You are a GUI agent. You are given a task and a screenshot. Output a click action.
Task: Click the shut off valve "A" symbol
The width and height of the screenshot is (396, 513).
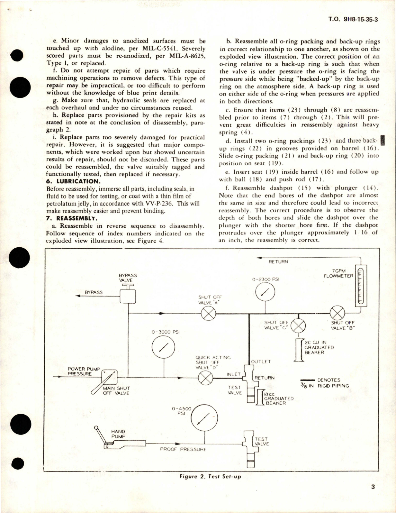208,314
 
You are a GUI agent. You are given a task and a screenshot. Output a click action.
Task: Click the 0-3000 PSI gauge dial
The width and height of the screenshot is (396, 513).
163,348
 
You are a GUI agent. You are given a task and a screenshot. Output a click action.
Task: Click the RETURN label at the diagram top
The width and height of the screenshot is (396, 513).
278,262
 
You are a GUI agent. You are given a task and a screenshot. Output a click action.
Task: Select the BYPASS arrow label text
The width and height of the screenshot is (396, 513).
94,292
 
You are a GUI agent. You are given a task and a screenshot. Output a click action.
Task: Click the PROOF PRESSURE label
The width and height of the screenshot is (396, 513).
183,449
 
